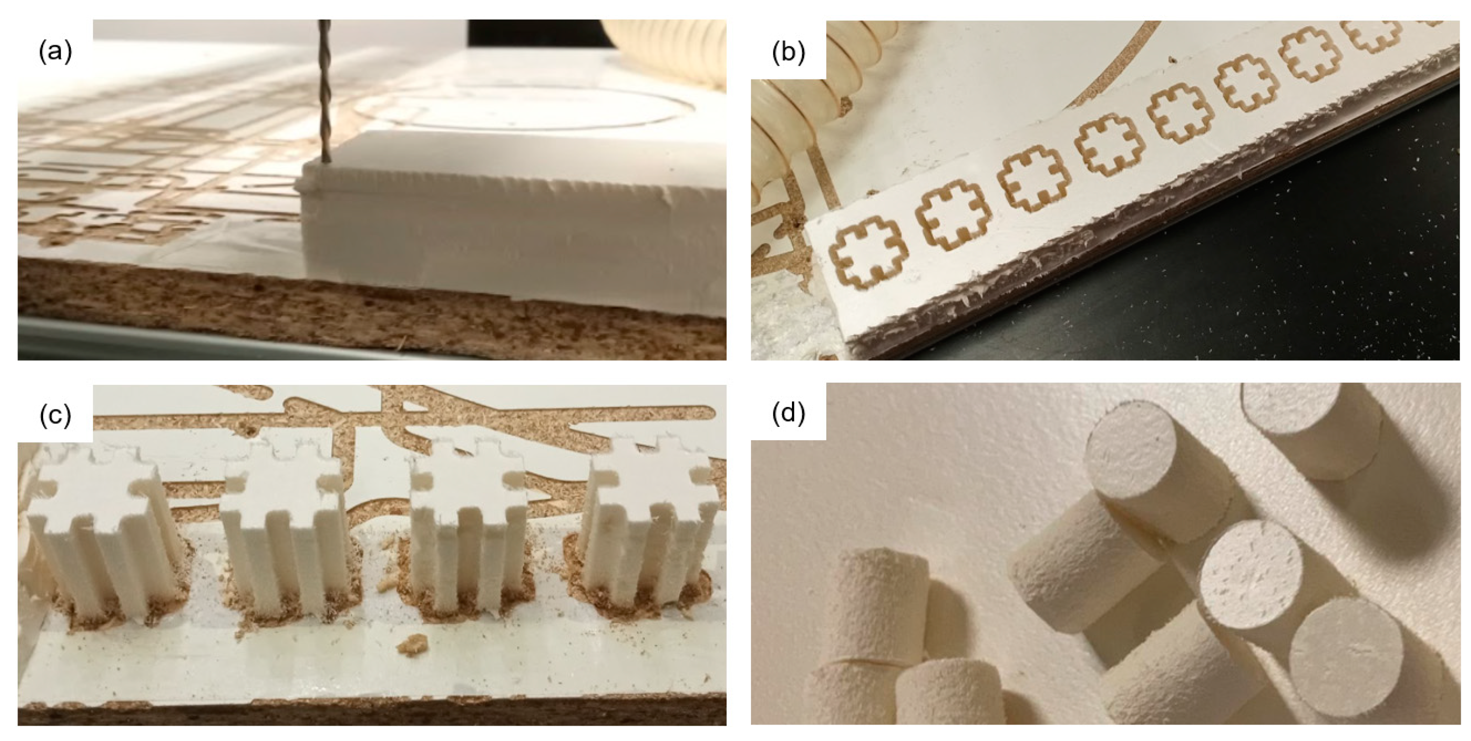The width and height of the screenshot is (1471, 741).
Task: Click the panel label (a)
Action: [55, 52]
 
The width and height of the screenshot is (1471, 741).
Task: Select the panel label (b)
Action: [788, 52]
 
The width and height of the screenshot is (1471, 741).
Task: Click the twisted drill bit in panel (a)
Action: [325, 91]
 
